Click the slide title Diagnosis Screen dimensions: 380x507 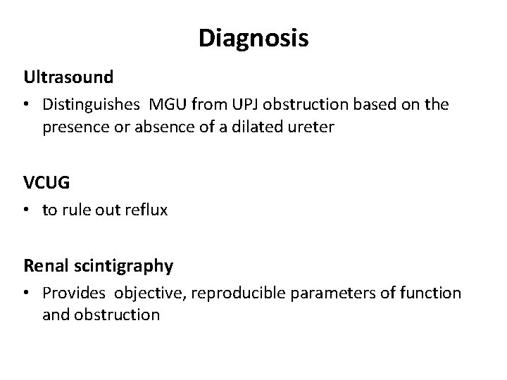click(x=253, y=39)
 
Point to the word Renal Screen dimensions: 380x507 click(x=43, y=265)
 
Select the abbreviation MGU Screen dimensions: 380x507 click(x=164, y=105)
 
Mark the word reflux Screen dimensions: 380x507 click(x=149, y=210)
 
